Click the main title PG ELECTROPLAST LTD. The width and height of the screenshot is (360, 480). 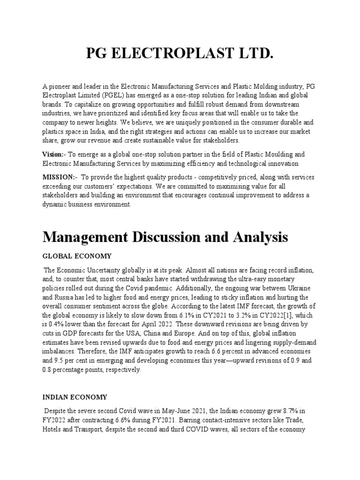pyautogui.click(x=180, y=55)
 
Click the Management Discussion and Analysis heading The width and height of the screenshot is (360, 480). pyautogui.click(x=165, y=237)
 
